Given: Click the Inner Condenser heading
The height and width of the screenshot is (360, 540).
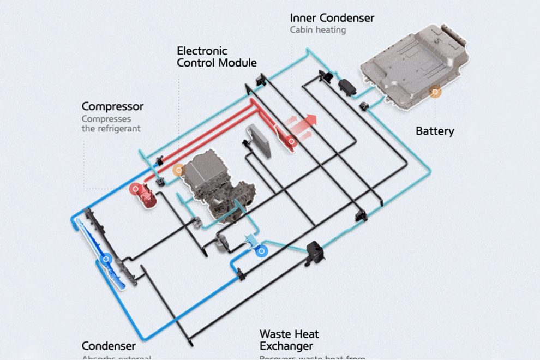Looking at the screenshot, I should [332, 18].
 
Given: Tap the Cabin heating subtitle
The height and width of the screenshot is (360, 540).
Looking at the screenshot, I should [318, 30].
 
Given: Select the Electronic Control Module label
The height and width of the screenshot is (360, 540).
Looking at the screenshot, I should [217, 57].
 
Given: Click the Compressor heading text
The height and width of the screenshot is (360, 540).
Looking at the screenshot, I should [112, 106].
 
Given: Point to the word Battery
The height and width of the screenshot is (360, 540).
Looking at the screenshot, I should [434, 131].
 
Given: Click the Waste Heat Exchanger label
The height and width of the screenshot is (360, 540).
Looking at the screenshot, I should [289, 340].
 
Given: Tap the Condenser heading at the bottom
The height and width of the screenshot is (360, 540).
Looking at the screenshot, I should [109, 346].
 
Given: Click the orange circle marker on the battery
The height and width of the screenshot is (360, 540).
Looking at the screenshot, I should [435, 92].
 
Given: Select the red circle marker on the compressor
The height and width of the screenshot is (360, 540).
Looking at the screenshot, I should [134, 189].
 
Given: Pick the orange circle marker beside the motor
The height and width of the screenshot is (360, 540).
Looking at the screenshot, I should [178, 170].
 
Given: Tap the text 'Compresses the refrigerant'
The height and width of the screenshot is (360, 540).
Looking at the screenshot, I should [111, 124].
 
